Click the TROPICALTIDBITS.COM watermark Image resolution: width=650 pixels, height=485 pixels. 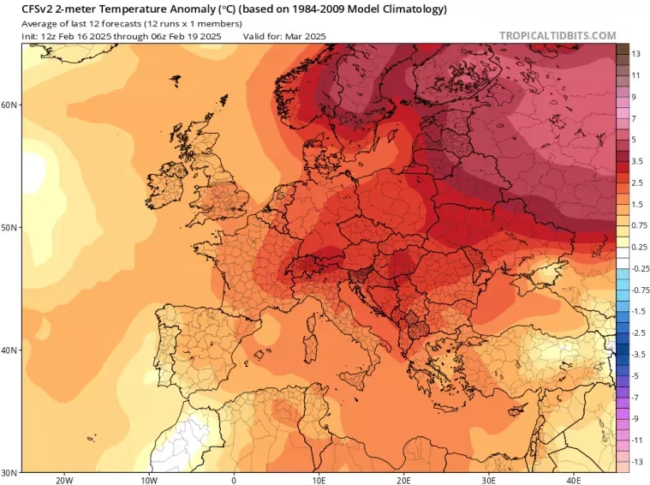pos(558,36)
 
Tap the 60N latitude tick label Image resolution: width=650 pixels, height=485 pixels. pos(9,105)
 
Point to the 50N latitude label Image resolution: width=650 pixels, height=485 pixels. pos(9,227)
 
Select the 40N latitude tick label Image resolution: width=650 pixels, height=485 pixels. pos(9,350)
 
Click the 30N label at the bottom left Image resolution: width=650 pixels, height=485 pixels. pos(9,472)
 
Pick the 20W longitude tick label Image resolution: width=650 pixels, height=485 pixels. pos(64,481)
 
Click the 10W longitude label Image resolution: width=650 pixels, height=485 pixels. pos(149,481)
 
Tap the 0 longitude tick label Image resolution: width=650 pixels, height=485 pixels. pos(234,481)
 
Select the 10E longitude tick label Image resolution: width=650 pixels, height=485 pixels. pos(319,481)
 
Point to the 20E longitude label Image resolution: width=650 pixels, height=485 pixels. pos(403,481)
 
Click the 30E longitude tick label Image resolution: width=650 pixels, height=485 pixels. pos(488,481)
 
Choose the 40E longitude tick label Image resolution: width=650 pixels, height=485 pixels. pos(573,481)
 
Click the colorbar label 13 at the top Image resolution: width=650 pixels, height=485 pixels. pos(636,54)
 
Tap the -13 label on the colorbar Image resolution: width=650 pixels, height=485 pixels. pos(637,462)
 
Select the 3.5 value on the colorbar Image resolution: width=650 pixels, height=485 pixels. pos(637,161)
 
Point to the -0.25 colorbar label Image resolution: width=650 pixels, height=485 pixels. pos(641,268)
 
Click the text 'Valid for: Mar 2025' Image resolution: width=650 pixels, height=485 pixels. pos(284,37)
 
